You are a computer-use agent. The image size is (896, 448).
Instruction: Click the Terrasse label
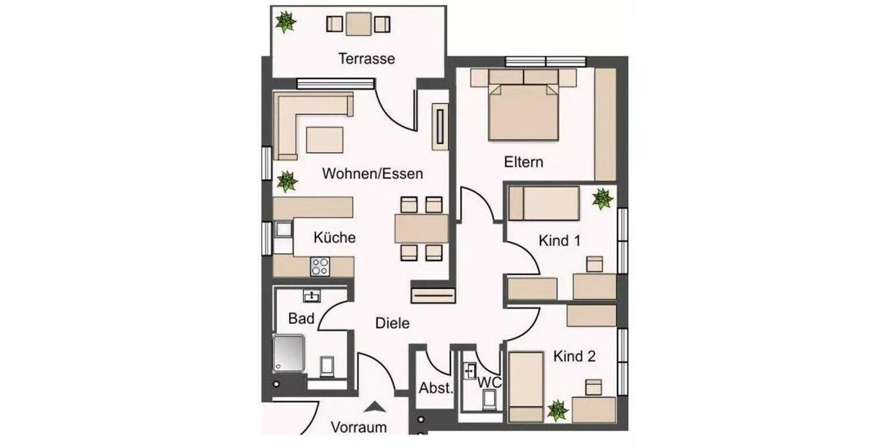[x=366, y=58]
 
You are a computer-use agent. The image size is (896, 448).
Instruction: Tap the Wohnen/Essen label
[x=373, y=174]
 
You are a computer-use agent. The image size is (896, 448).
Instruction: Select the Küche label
[x=334, y=238]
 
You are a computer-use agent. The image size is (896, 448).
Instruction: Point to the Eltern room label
[x=523, y=162]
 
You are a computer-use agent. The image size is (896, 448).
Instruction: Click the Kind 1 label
[x=560, y=241]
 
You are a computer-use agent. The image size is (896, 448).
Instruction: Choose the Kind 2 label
[x=574, y=357]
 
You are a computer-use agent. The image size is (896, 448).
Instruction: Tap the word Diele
[x=392, y=323]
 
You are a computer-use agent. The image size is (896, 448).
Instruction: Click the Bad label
[x=300, y=319]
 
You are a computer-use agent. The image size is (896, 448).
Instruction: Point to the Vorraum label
[x=359, y=428]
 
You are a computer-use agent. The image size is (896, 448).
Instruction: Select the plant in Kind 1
[x=602, y=199]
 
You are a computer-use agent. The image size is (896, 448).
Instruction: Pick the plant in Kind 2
[x=556, y=410]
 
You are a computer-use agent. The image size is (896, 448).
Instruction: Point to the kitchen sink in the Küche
[x=283, y=231]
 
